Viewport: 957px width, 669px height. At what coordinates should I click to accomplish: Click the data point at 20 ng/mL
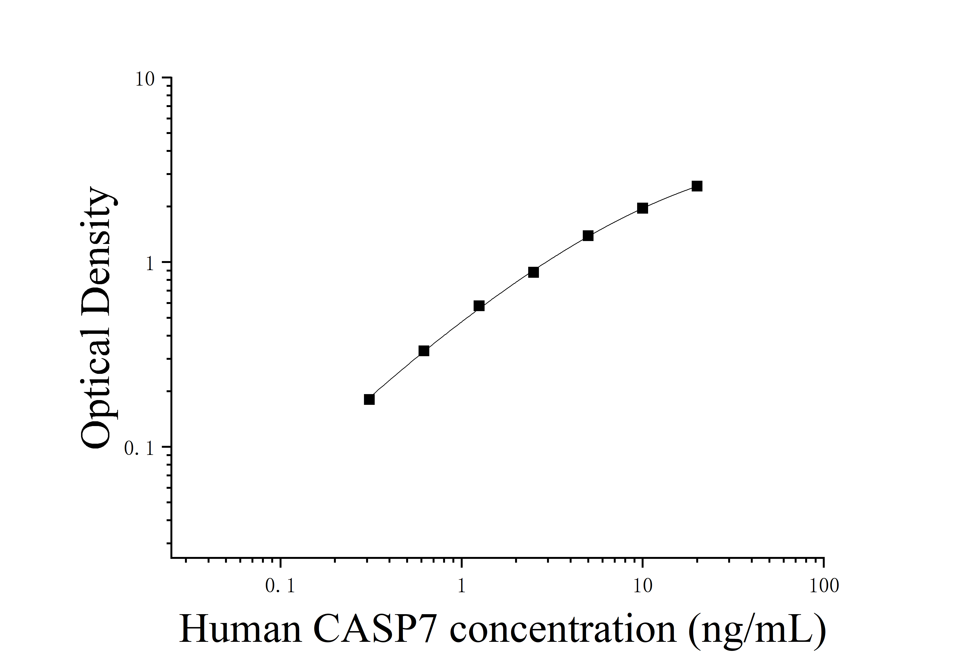coord(697,186)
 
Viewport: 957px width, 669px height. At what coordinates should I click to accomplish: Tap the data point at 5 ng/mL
coord(588,236)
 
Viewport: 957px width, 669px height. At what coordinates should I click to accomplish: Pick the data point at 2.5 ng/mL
coord(533,272)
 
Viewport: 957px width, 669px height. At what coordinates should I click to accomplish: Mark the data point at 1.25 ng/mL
coord(479,306)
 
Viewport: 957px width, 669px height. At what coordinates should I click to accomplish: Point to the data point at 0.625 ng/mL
coord(424,351)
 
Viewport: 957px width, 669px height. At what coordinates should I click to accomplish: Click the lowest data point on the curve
coord(369,399)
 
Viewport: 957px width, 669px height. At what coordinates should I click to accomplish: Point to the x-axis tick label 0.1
coord(280,587)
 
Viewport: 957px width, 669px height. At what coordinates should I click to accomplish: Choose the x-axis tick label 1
coord(461,587)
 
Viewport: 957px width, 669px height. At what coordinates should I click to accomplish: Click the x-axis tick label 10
coord(643,587)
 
